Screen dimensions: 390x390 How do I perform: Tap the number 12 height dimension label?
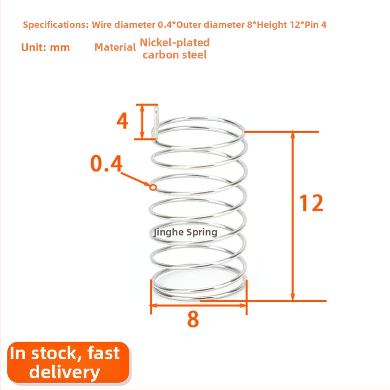coord(311,203)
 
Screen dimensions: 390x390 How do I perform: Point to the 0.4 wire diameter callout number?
coord(106,163)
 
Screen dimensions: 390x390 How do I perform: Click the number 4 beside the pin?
coord(123,120)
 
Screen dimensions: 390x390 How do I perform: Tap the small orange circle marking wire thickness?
coord(153,187)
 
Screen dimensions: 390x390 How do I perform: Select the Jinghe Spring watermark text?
coord(185,233)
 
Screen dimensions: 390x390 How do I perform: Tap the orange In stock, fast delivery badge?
coord(68,362)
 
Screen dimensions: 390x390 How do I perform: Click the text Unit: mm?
coord(45,47)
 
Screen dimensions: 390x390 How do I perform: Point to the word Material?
coord(115,47)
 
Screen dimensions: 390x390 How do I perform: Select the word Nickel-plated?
coord(175,42)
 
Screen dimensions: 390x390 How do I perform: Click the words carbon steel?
coord(175,55)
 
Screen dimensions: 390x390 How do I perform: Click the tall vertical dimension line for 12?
coord(293,216)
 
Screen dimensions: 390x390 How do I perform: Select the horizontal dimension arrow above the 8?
coord(199,305)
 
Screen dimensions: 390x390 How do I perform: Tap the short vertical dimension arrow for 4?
coord(142,121)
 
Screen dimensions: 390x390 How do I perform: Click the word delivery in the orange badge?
coord(64,372)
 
